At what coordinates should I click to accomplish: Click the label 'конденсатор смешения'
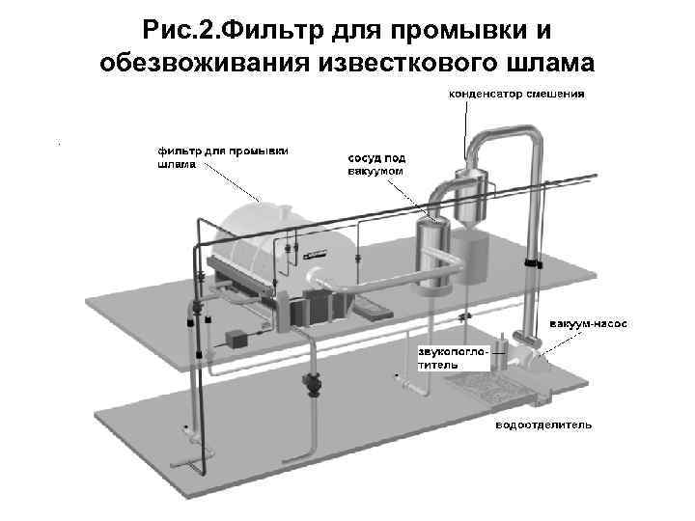515,95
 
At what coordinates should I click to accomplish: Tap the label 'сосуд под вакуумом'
375,163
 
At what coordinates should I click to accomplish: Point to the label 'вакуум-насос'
588,323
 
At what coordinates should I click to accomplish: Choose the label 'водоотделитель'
542,425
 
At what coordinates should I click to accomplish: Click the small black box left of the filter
236,339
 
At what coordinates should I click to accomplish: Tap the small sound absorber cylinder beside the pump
501,353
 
